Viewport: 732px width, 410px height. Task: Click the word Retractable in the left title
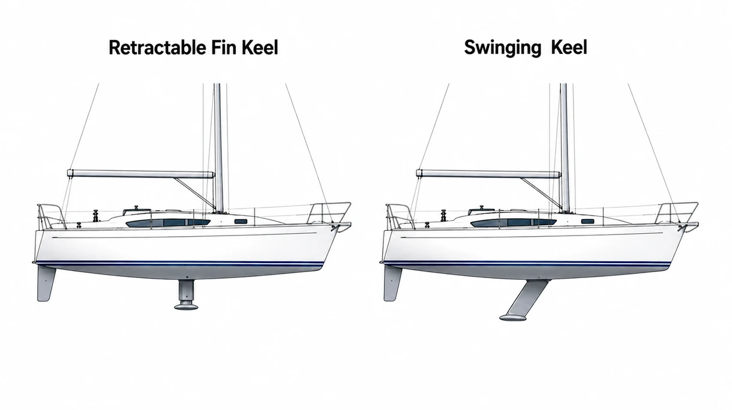tap(157, 48)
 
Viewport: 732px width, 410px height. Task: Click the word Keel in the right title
tap(569, 48)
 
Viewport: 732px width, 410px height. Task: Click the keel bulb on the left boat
tap(186, 306)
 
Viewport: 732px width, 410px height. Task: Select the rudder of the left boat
tap(46, 284)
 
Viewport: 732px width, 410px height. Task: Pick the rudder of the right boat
tap(392, 284)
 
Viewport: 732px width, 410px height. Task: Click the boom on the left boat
tap(141, 174)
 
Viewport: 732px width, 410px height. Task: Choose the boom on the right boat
tap(488, 174)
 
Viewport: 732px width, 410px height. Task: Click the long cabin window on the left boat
tap(168, 222)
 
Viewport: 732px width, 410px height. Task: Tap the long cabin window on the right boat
tap(514, 222)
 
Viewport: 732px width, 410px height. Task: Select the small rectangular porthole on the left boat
tap(241, 222)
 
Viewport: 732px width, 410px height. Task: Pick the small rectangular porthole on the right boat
tap(587, 222)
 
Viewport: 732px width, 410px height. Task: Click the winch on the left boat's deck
tap(96, 216)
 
